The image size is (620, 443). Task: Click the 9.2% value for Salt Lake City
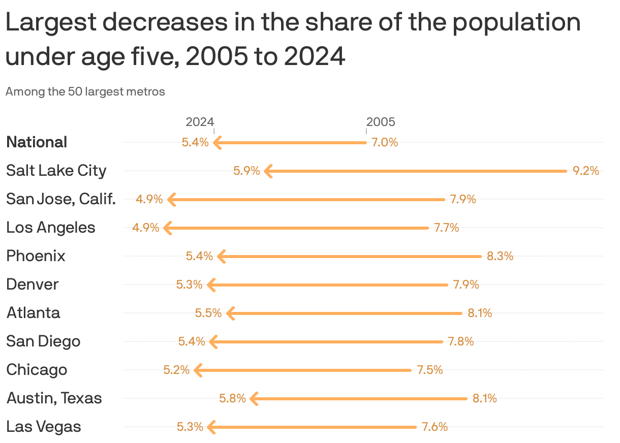[585, 171]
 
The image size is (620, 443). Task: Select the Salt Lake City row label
[56, 171]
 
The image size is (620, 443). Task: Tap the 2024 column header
[200, 122]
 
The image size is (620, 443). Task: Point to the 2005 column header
[381, 122]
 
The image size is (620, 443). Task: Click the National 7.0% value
[384, 142]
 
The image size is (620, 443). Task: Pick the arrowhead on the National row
[217, 143]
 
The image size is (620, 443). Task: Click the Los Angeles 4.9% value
[146, 228]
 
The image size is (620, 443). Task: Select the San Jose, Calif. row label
[61, 199]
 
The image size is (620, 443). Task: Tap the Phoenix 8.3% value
[500, 257]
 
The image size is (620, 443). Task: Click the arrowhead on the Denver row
[211, 285]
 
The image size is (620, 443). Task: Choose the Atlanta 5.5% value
[208, 313]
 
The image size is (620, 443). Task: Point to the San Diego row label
[43, 341]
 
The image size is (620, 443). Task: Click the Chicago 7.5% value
[429, 370]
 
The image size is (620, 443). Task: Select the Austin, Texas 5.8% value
[232, 399]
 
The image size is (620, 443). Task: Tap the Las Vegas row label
[44, 427]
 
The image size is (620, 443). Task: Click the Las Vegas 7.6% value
[435, 427]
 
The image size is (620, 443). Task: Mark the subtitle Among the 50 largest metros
[85, 92]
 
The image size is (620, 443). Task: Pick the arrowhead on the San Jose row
[172, 200]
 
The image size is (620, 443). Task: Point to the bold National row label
[37, 142]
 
